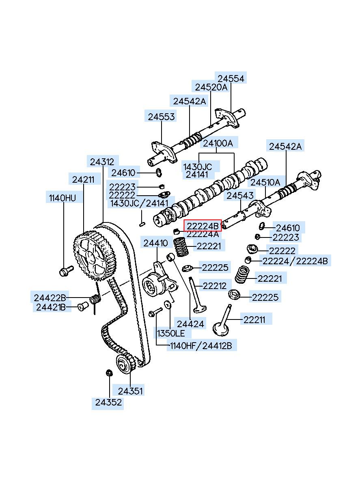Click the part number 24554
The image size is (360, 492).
(231, 79)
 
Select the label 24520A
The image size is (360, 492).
(211, 87)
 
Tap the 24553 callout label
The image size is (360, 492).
(161, 117)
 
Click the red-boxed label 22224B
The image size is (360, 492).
(203, 226)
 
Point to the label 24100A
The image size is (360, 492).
(218, 143)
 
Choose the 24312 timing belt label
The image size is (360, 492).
(102, 162)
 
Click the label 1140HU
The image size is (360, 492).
(63, 198)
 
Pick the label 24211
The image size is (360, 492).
(83, 180)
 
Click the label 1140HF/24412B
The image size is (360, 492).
(201, 346)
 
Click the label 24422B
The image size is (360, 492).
(50, 298)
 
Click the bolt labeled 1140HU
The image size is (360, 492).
(66, 271)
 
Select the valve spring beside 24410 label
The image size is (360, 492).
(181, 247)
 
